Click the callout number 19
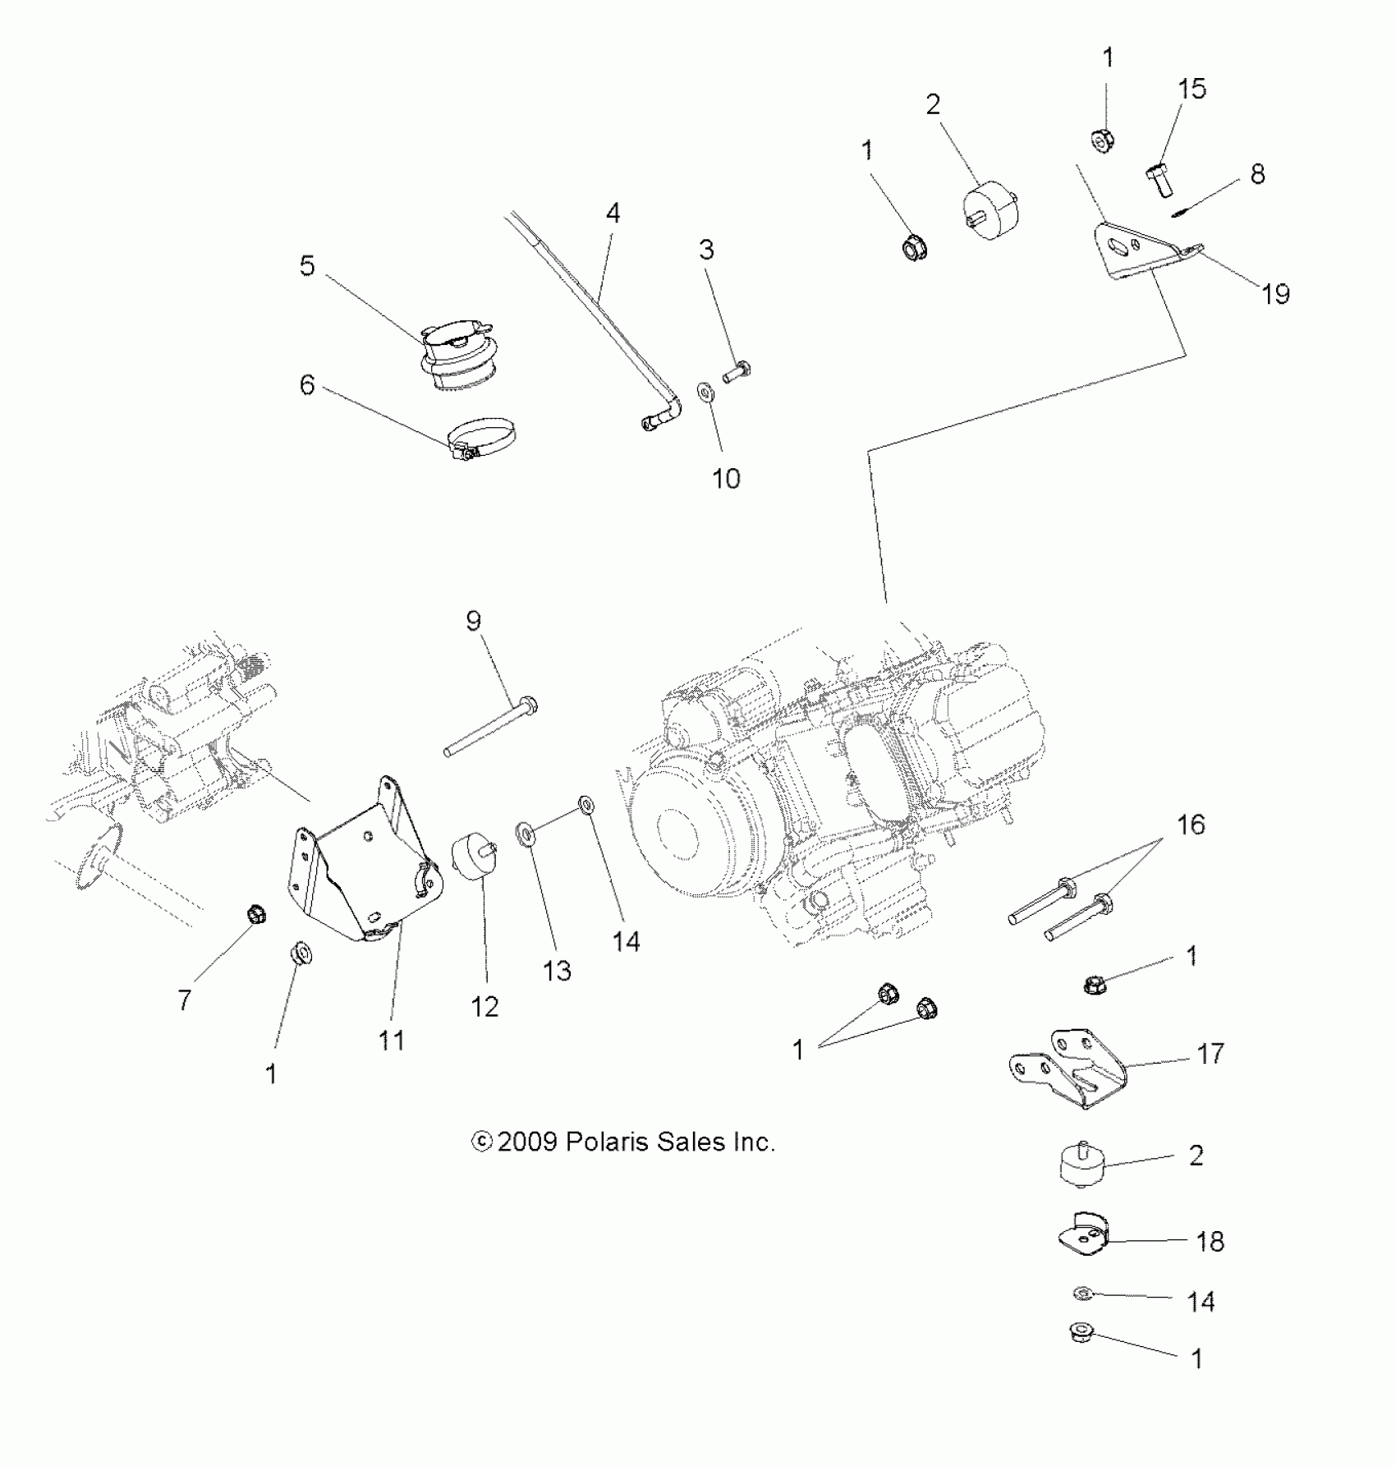tap(1275, 293)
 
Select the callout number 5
tap(307, 266)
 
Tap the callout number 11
tap(392, 1040)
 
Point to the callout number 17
tap(1210, 1053)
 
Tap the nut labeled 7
tap(255, 913)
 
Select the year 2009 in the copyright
tap(527, 1142)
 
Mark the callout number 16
tap(1191, 825)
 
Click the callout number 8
tap(1257, 174)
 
